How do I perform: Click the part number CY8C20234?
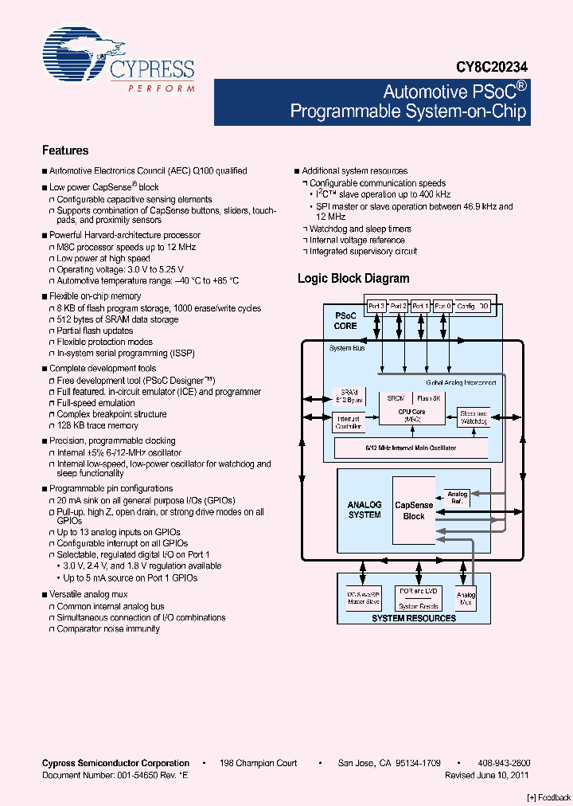pyautogui.click(x=491, y=69)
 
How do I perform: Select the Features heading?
pyautogui.click(x=65, y=151)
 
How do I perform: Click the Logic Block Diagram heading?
pyautogui.click(x=353, y=279)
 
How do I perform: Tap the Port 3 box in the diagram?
pyautogui.click(x=376, y=306)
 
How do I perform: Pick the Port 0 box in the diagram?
pyautogui.click(x=442, y=306)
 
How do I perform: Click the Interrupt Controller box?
pyautogui.click(x=349, y=422)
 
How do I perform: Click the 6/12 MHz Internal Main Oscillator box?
pyautogui.click(x=411, y=448)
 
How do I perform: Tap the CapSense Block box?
pyautogui.click(x=414, y=511)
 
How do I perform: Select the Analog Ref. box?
pyautogui.click(x=457, y=499)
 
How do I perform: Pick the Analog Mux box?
pyautogui.click(x=466, y=599)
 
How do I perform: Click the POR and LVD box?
pyautogui.click(x=419, y=591)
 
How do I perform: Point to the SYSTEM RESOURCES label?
pyautogui.click(x=414, y=618)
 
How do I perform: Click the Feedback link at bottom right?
pyautogui.click(x=549, y=797)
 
